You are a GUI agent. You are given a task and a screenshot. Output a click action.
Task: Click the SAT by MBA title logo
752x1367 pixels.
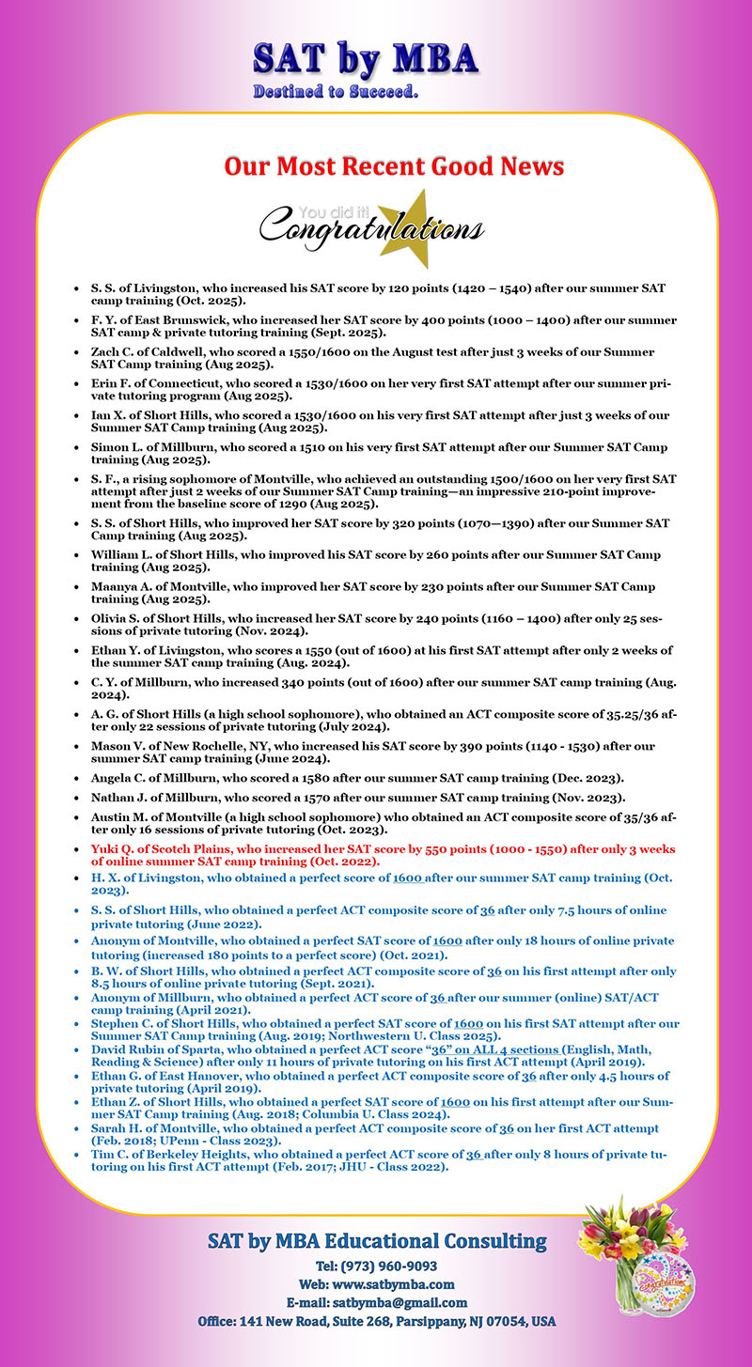366,59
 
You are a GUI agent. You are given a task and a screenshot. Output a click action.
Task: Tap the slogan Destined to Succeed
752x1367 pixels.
336,93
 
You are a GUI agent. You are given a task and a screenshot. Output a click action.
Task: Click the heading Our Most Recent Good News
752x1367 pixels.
394,166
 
